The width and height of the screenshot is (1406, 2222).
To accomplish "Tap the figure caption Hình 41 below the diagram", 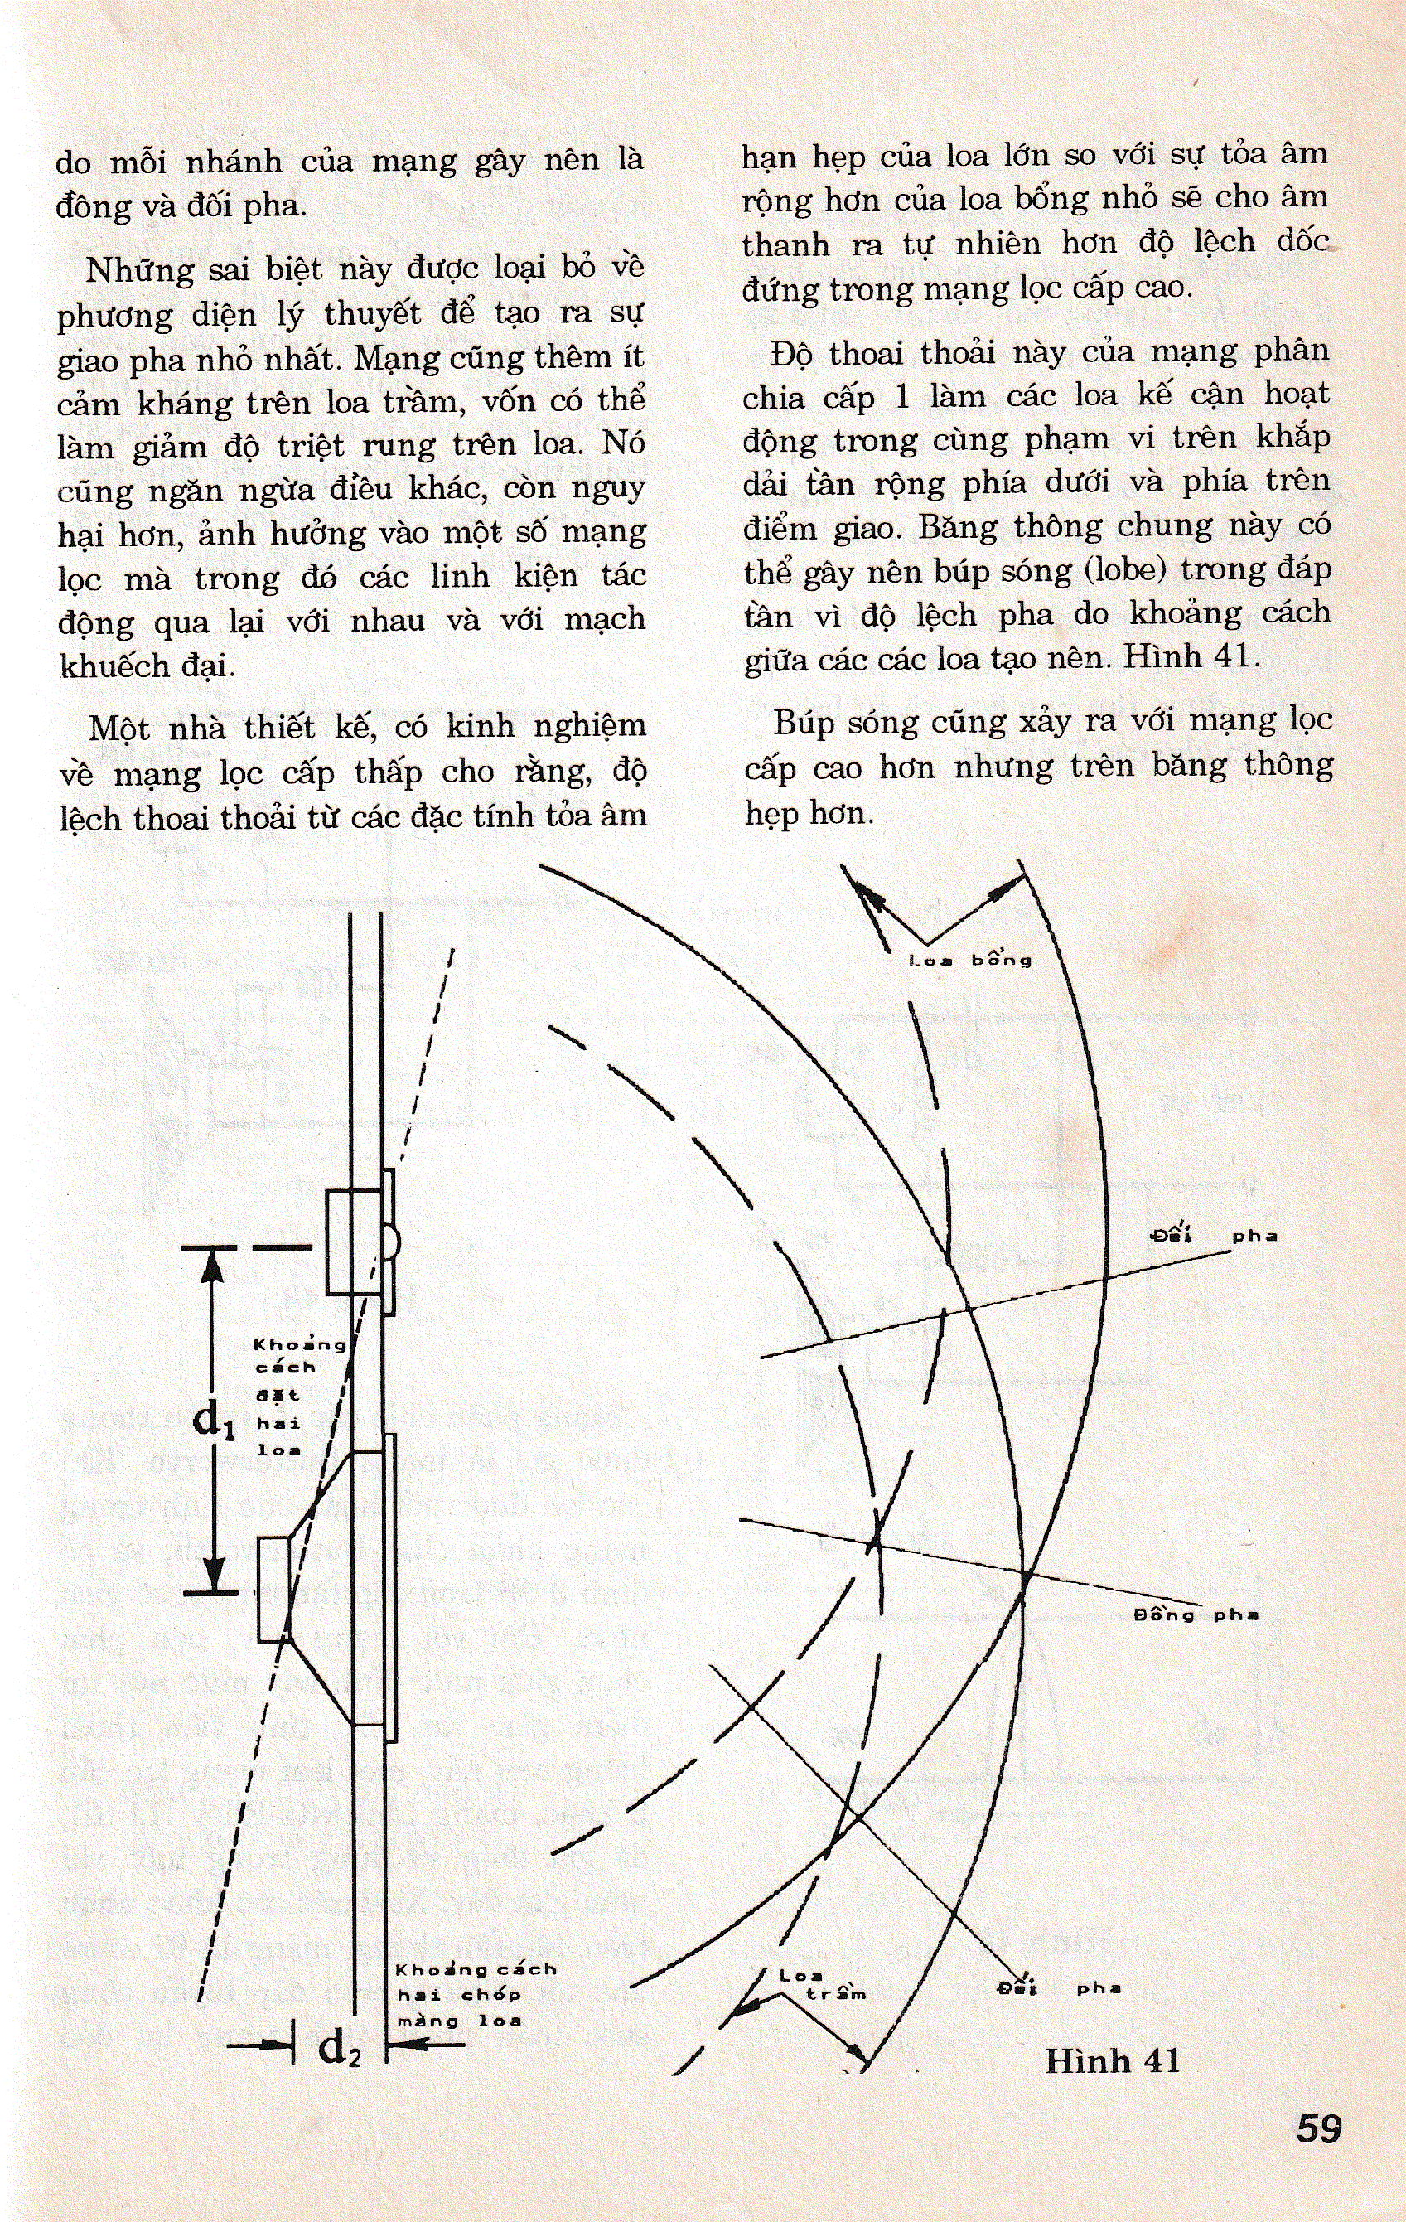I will [x=1112, y=2060].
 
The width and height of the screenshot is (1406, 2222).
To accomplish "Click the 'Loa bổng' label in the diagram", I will [x=970, y=961].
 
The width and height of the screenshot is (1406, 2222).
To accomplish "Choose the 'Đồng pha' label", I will [x=1196, y=1614].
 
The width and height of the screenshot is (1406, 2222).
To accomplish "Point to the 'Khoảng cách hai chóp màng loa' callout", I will [x=475, y=1995].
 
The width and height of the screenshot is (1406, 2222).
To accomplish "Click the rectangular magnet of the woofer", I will [x=273, y=1590].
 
